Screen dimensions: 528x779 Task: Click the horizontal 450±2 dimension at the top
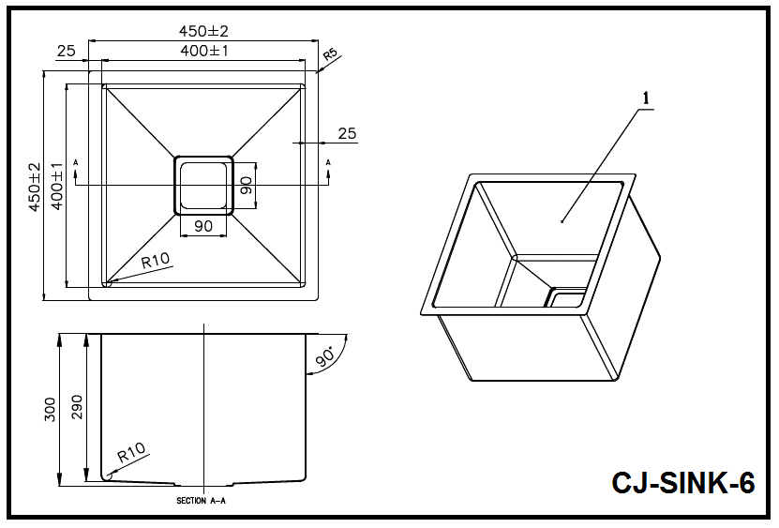click(x=204, y=31)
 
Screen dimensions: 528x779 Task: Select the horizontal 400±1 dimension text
click(x=204, y=52)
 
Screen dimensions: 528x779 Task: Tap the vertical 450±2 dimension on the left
click(x=35, y=187)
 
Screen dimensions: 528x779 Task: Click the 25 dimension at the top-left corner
click(x=66, y=52)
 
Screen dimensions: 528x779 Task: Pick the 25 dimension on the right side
click(x=347, y=134)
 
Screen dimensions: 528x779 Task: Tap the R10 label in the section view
click(x=131, y=455)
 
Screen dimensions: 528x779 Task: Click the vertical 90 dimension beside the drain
click(x=247, y=185)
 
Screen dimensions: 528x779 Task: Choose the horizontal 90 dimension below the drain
click(x=203, y=226)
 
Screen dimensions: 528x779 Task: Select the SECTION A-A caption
click(x=202, y=501)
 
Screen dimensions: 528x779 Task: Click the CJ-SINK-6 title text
click(x=682, y=483)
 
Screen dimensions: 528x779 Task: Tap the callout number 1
click(x=643, y=96)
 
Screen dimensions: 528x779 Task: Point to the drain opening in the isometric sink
click(x=566, y=299)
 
